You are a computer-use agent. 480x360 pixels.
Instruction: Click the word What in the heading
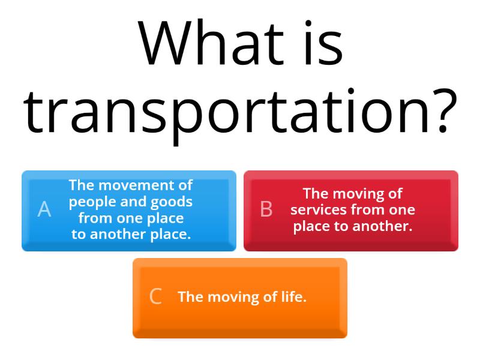211,46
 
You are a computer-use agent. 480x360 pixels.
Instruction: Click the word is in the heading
321,46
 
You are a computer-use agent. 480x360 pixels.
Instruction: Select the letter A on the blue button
44,209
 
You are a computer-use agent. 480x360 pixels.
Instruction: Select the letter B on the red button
266,209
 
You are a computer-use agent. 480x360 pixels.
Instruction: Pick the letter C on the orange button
155,296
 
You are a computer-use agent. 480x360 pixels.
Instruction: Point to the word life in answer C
291,296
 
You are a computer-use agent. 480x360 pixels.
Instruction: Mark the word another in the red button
382,226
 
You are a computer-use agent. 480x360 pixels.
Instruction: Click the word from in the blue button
95,218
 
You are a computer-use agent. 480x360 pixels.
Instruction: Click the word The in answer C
190,296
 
